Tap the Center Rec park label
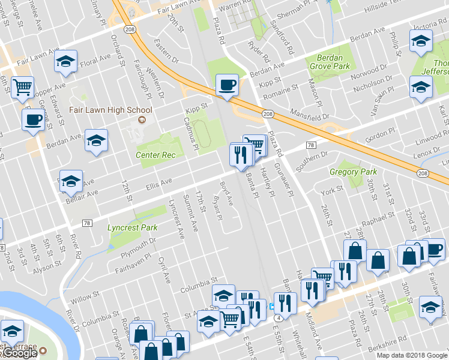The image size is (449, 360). click(x=155, y=155)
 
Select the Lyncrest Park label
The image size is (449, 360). click(x=132, y=227)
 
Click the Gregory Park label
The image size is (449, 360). click(x=353, y=172)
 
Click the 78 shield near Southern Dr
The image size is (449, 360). click(x=310, y=145)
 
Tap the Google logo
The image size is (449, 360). click(x=19, y=353)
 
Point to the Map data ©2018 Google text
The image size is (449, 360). click(x=411, y=355)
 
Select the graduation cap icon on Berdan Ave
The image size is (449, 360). click(x=96, y=140)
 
